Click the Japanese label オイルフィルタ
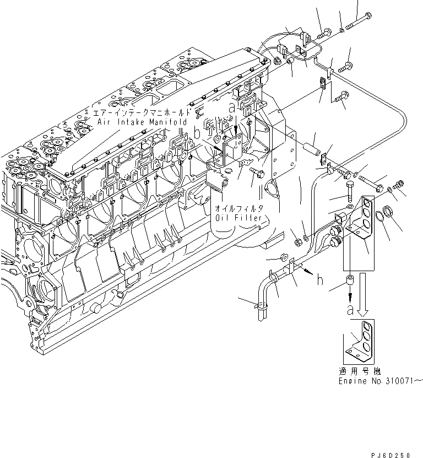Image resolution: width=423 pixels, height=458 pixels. click(x=241, y=208)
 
